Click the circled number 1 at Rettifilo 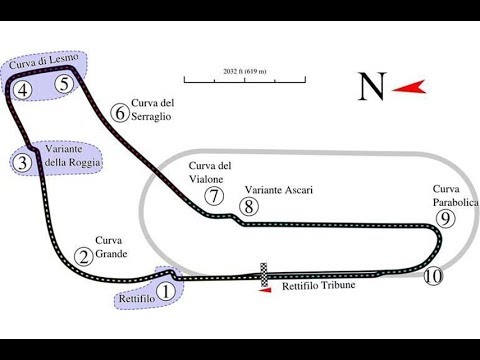(x=166, y=291)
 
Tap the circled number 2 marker (x=85, y=256)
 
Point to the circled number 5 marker (x=65, y=85)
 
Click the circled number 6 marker (x=121, y=112)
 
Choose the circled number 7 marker (x=213, y=196)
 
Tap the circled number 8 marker (x=249, y=207)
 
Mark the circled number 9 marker (x=446, y=218)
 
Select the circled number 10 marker (x=432, y=276)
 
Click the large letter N (x=372, y=88)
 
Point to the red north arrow (x=405, y=89)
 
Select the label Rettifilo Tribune (x=320, y=286)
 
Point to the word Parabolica (x=455, y=201)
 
